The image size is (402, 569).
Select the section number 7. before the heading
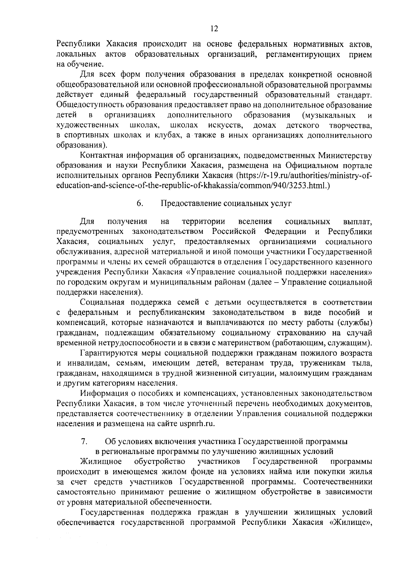click(x=84, y=441)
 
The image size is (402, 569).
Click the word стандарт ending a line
click(x=355, y=95)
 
